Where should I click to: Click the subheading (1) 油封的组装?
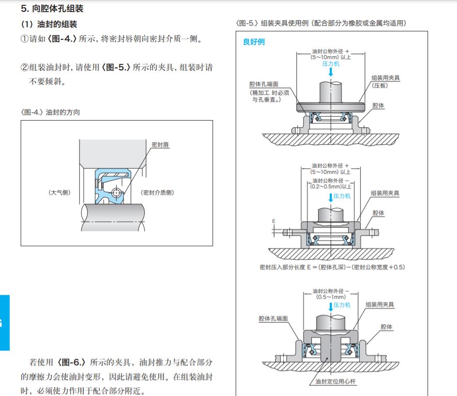(48, 24)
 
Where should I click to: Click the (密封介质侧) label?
(157, 192)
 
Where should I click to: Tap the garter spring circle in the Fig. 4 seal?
(116, 192)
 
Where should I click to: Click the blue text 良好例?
(254, 42)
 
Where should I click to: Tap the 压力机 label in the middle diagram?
(342, 197)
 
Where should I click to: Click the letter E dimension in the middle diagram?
(274, 220)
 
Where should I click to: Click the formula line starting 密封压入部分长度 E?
(332, 267)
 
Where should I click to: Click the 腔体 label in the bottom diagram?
(386, 327)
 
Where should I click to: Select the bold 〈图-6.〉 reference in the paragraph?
(72, 362)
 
